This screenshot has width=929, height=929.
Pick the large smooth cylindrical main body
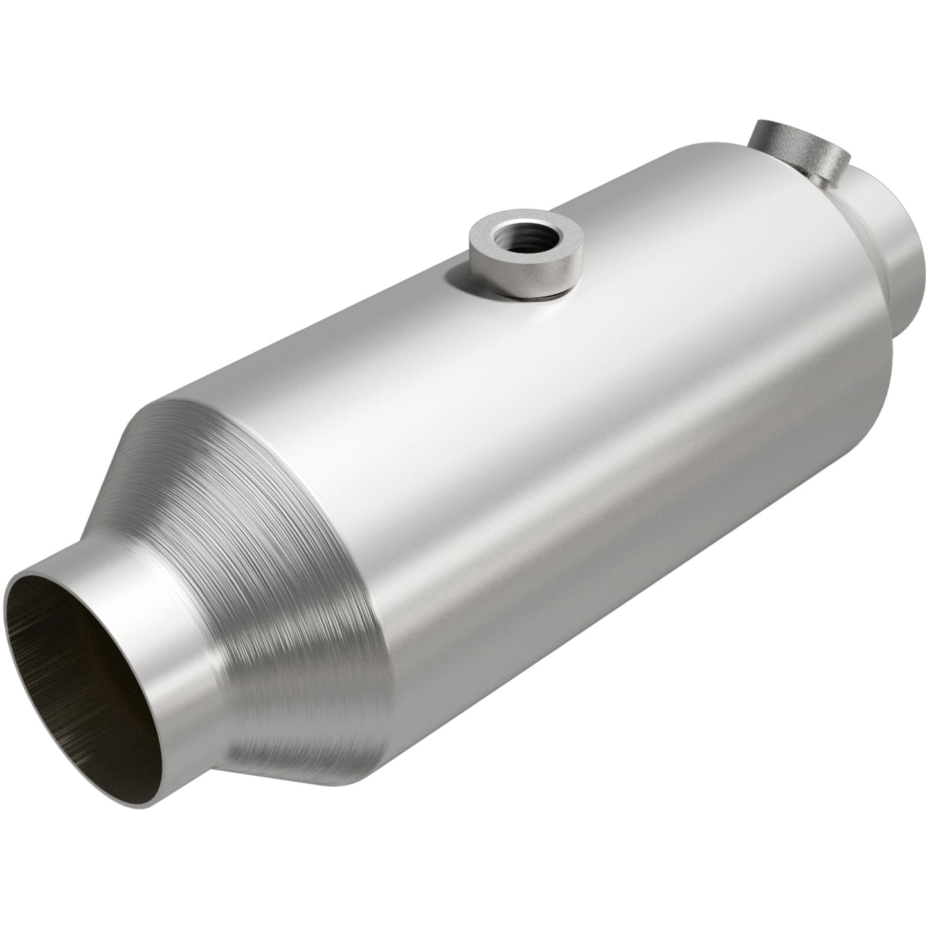pyautogui.click(x=579, y=450)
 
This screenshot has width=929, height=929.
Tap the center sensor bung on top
pyautogui.click(x=524, y=257)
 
